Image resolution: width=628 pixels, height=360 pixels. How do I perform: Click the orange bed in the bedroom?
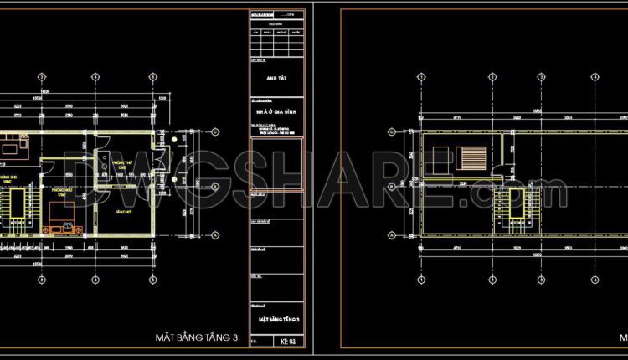point(59,227)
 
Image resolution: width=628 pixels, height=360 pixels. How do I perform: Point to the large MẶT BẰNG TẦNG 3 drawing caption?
point(197,337)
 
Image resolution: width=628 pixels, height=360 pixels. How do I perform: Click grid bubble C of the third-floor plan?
point(215,131)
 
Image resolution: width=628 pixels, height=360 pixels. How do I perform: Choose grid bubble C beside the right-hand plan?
point(392,131)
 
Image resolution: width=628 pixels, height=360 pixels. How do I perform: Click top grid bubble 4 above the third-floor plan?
point(153,76)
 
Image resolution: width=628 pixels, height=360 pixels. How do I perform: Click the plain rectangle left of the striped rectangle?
point(440,158)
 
